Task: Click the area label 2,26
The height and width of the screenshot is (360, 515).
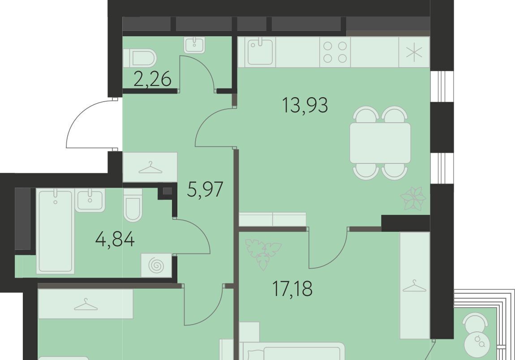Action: pyautogui.click(x=152, y=79)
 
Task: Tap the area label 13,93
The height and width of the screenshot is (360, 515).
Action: pyautogui.click(x=305, y=106)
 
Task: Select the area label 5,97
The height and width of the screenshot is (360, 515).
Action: pyautogui.click(x=205, y=189)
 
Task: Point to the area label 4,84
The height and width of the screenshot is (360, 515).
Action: pyautogui.click(x=115, y=240)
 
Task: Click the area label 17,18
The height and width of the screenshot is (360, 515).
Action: pyautogui.click(x=292, y=289)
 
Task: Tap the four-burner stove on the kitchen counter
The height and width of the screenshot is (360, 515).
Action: pyautogui.click(x=335, y=52)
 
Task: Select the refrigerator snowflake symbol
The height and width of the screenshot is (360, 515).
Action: pyautogui.click(x=414, y=52)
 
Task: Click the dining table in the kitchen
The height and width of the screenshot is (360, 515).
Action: pyautogui.click(x=380, y=143)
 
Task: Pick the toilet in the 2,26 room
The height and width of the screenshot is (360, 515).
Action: pyautogui.click(x=140, y=58)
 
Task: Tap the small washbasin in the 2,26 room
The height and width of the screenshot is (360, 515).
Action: pyautogui.click(x=195, y=45)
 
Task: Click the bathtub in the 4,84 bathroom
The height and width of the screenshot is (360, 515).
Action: pyautogui.click(x=55, y=231)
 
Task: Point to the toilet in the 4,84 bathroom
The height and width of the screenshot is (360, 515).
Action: pyautogui.click(x=133, y=205)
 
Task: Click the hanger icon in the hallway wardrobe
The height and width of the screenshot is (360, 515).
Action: pyautogui.click(x=150, y=168)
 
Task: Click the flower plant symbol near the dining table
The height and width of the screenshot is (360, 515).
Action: pyautogui.click(x=413, y=198)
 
